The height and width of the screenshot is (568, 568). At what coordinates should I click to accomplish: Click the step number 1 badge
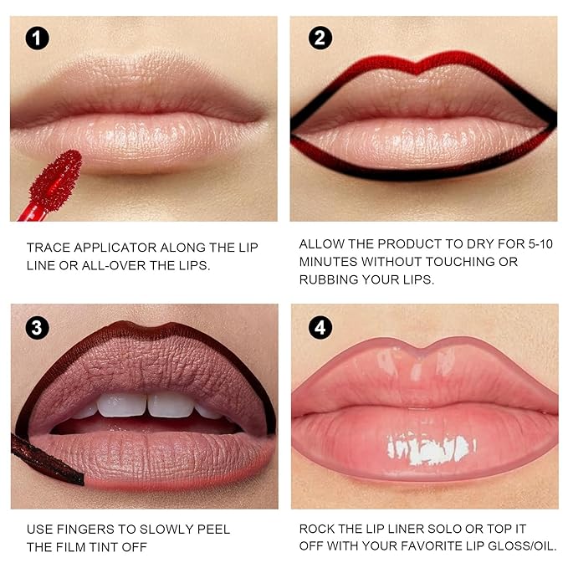[37, 38]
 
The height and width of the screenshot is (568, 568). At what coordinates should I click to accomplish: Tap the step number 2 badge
[320, 38]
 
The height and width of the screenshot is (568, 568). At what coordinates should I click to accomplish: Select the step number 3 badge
[37, 327]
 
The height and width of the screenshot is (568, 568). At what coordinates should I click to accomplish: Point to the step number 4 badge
[320, 327]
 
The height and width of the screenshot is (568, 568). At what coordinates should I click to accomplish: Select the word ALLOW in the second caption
[321, 243]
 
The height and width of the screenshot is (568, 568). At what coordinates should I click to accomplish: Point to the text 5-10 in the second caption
[519, 243]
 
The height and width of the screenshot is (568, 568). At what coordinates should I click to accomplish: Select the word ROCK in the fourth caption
[318, 530]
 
